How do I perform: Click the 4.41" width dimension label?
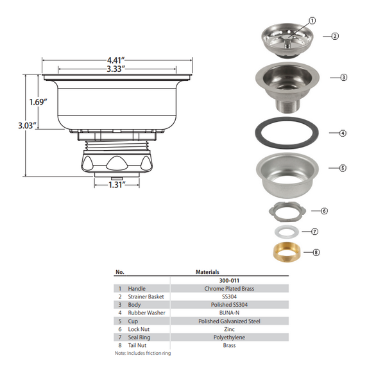click(x=116, y=60)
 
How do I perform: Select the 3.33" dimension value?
click(x=116, y=69)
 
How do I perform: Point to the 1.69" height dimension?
click(x=38, y=102)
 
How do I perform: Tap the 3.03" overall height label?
click(x=27, y=126)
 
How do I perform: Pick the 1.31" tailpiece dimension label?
click(x=117, y=185)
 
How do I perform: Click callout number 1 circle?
click(x=312, y=21)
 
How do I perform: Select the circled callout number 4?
click(x=343, y=133)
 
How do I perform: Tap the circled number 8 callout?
click(x=316, y=252)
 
